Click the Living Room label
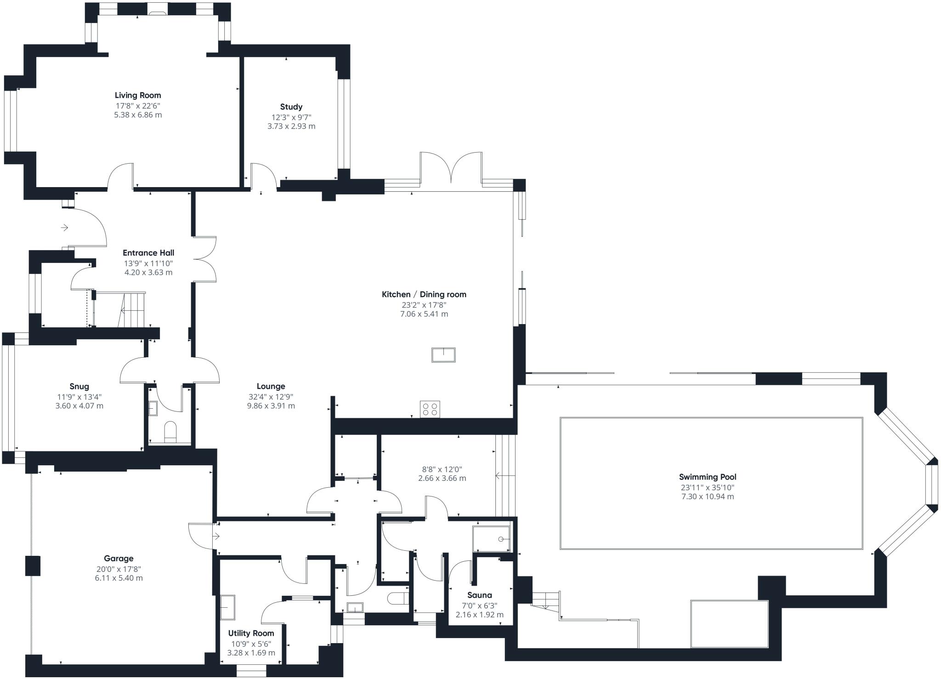tap(138, 95)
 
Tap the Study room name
tap(291, 107)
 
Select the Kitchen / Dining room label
tap(424, 294)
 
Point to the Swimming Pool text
tap(708, 477)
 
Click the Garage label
tap(119, 559)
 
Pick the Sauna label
tap(480, 595)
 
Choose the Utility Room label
tap(251, 633)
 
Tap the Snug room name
tap(79, 386)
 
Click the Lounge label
tap(271, 386)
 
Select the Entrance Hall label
tap(148, 253)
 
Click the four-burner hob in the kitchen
tap(430, 409)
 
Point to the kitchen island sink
tap(443, 355)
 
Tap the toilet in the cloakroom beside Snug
tap(170, 432)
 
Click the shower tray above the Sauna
tap(491, 539)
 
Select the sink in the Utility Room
tap(227, 607)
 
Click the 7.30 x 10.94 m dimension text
tap(708, 496)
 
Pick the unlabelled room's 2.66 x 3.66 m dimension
tap(442, 478)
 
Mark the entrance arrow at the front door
tap(64, 227)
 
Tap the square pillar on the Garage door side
tap(33, 566)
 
